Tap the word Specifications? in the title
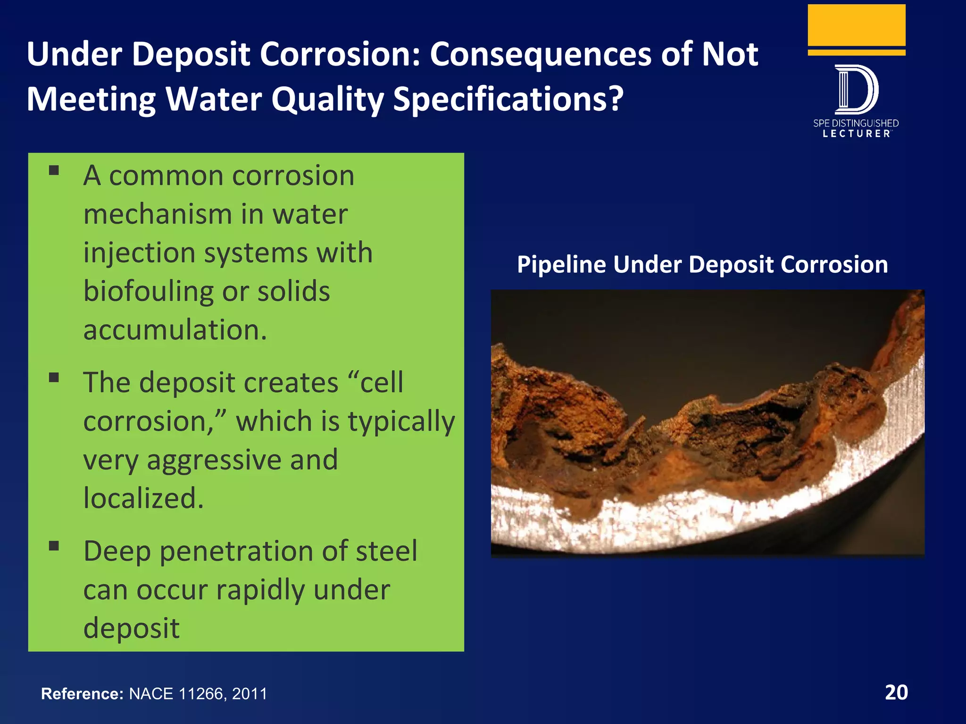point(508,99)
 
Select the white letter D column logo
point(856,90)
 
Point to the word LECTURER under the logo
point(856,134)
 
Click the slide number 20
point(896,692)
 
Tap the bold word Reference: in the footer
point(82,694)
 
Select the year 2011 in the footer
point(250,694)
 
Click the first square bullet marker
point(54,171)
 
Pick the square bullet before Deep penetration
point(54,546)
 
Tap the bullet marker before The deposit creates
point(54,378)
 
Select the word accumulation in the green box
point(175,330)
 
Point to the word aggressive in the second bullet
point(242,460)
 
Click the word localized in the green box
point(143,498)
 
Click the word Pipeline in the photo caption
point(561,264)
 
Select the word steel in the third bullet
point(386,551)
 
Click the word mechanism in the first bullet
point(158,214)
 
